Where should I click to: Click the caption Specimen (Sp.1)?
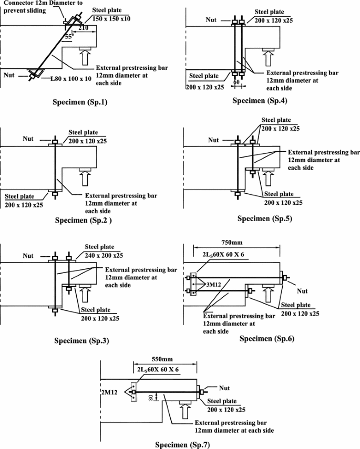point(85,101)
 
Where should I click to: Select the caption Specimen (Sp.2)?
point(84,220)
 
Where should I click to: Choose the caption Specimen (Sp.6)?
point(267,339)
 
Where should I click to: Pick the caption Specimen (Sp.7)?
point(182,444)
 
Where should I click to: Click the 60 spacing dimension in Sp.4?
point(237,82)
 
